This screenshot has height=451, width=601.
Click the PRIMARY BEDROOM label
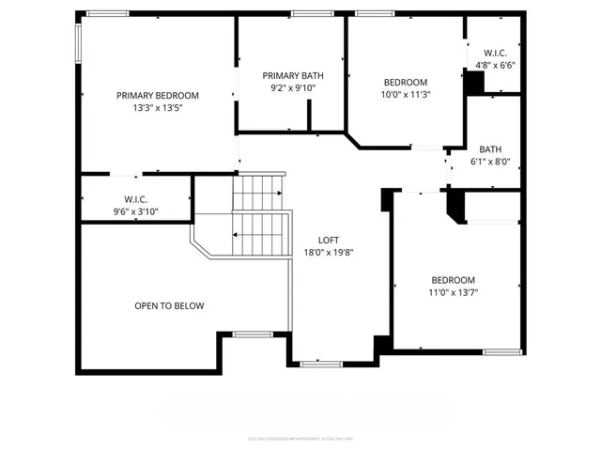point(158,95)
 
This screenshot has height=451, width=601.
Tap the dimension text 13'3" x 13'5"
point(158,107)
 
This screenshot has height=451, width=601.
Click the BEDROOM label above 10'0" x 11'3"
point(405,82)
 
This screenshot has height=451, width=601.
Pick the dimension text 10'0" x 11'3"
point(405,94)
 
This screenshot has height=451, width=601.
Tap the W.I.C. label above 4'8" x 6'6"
point(495,53)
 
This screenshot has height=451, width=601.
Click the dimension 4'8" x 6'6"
point(495,65)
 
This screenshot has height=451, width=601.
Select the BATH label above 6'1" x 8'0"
point(490,148)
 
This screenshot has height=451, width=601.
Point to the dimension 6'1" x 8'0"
point(490,161)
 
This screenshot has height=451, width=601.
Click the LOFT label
point(329,239)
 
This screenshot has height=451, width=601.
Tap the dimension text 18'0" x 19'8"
point(329,251)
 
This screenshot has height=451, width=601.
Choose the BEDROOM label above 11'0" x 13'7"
point(453,280)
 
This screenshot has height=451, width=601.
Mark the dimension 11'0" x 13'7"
point(453,292)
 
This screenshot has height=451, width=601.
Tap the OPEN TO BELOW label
point(169,305)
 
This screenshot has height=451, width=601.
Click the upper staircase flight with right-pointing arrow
point(257,193)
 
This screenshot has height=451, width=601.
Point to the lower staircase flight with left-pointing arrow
point(260,234)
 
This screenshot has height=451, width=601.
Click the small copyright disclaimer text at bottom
point(300,437)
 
